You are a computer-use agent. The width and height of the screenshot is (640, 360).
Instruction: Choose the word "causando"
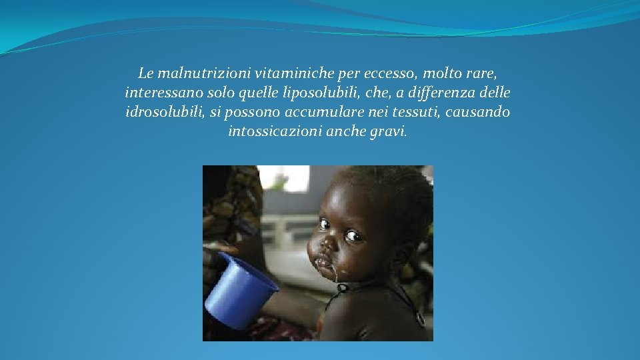point(480,112)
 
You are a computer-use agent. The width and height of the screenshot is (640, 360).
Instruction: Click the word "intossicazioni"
point(275,132)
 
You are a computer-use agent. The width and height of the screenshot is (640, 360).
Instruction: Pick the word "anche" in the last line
point(345,132)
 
